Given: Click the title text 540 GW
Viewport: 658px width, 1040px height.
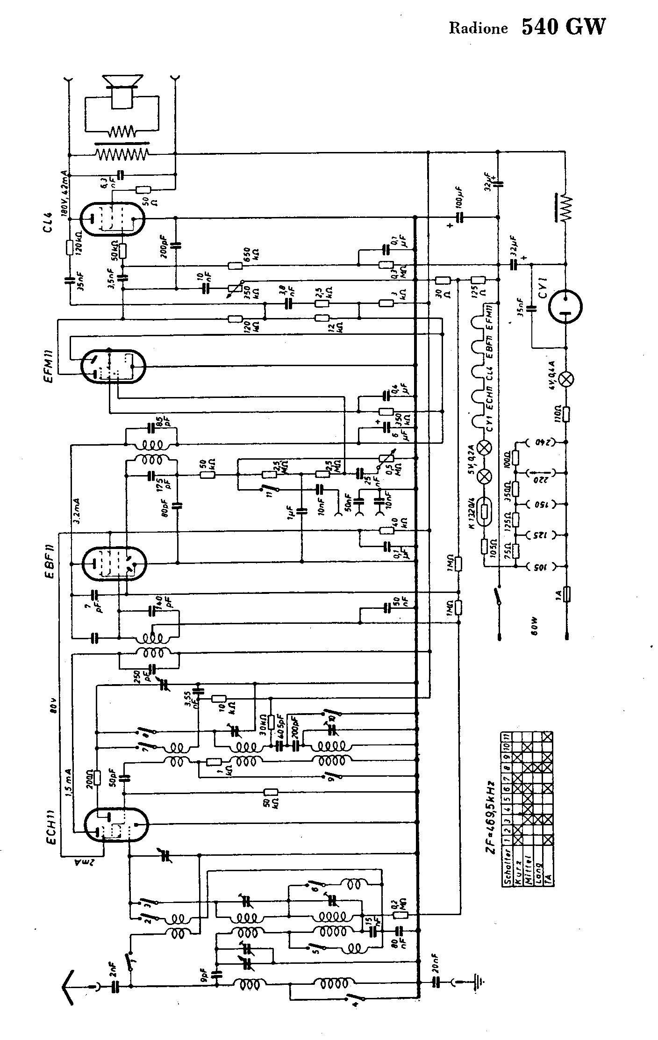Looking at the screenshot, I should tap(563, 27).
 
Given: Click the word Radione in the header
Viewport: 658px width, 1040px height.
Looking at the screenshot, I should tap(478, 29).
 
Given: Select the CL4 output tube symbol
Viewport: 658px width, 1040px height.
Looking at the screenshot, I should tap(112, 219).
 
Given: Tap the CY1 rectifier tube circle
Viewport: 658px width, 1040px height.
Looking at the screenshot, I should tap(565, 307).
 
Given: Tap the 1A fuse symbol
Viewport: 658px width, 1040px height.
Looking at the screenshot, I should tap(567, 594).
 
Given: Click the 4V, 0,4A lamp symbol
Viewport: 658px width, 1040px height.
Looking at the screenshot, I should tap(567, 379).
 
